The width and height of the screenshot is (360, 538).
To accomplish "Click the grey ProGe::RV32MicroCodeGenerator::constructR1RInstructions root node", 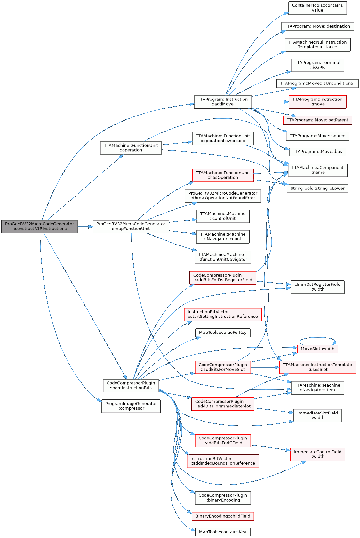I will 39,227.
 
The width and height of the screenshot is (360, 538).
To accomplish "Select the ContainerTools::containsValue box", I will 317,8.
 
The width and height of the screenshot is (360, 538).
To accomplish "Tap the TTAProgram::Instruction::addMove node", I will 222,102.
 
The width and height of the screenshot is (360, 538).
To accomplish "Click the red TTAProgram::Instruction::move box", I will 317,102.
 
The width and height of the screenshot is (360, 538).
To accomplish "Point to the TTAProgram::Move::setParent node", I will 317,120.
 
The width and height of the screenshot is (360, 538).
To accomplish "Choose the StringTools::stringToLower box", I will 317,189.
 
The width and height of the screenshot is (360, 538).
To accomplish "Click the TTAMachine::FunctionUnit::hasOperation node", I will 223,175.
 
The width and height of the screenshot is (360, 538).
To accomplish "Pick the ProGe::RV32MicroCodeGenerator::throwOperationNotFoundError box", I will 222,196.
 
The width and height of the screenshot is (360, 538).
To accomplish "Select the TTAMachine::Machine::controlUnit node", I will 222,216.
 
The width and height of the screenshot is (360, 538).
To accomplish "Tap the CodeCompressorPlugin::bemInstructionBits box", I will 131,385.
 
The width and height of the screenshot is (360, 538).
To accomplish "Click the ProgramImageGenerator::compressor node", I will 131,406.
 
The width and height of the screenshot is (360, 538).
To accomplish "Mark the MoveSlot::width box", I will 317,349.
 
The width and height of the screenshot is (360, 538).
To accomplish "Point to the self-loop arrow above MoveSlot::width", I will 317,338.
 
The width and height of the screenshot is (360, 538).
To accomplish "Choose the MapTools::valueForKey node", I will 222,333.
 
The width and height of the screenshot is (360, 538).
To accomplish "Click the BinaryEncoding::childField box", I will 222,516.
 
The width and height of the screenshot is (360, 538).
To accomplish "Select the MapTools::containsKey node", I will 222,532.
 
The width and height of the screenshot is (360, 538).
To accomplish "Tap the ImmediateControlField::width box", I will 317,454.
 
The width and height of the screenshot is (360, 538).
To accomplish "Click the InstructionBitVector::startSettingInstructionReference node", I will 222,314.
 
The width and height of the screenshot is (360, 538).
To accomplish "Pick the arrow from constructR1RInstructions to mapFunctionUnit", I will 85,227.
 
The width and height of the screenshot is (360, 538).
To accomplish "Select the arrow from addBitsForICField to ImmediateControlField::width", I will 270,447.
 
